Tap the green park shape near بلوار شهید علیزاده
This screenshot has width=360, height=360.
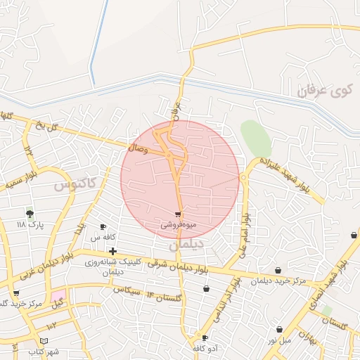[256, 138]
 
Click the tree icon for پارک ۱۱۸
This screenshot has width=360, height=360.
[30, 213]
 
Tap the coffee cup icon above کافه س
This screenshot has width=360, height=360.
[103, 226]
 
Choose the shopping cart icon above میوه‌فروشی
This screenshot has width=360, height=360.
[178, 214]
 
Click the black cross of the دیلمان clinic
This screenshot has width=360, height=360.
[112, 251]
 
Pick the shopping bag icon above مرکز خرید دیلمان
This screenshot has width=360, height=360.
[278, 270]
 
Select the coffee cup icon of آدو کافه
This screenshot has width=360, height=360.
[205, 337]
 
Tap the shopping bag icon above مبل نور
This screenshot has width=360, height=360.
[279, 329]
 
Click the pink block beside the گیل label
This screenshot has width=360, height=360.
[57, 293]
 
